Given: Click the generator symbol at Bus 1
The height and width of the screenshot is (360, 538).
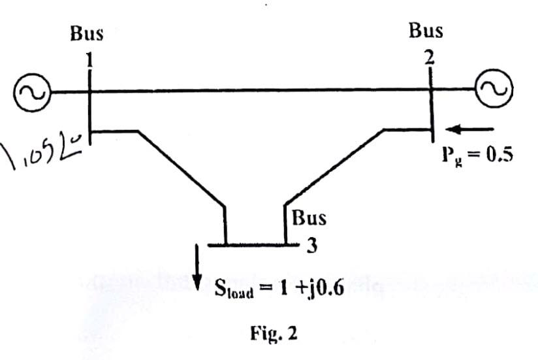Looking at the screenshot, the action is click(29, 92).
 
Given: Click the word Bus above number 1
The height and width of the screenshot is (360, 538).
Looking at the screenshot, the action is click(87, 35).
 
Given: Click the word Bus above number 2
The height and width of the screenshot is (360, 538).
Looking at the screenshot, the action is click(426, 30).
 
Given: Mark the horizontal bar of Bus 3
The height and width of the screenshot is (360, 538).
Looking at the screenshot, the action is click(248, 245).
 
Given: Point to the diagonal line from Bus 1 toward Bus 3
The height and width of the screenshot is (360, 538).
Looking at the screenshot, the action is click(180, 169).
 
